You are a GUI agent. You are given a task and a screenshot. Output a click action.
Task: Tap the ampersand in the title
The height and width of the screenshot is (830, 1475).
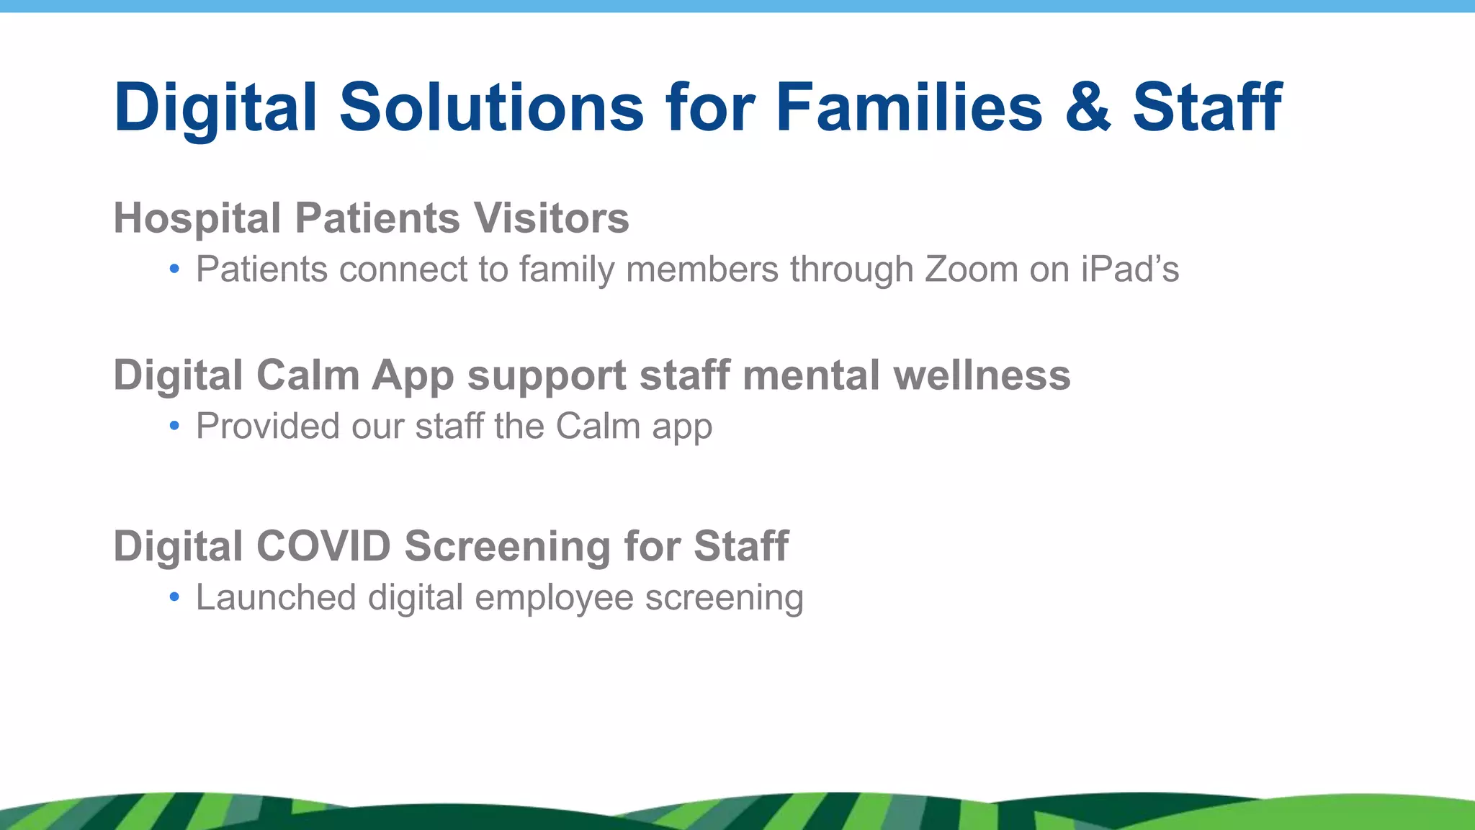1088,108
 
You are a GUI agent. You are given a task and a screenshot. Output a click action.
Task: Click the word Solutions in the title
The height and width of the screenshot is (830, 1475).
491,108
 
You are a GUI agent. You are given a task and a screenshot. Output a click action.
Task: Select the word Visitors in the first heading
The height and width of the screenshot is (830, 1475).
551,218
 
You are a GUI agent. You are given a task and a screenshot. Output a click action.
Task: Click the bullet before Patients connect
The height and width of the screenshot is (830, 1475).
174,270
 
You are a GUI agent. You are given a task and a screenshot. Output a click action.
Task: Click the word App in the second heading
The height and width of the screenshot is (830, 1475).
413,377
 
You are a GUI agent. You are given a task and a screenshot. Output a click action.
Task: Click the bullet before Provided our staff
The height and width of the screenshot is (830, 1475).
174,427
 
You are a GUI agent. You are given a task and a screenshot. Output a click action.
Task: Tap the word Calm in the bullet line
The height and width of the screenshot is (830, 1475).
597,426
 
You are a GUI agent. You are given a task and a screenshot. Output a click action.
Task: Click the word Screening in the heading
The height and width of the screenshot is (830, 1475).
507,547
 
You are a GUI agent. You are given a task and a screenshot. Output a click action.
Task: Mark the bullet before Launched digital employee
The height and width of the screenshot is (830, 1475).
174,597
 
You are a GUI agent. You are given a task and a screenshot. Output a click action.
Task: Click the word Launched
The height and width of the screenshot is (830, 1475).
276,597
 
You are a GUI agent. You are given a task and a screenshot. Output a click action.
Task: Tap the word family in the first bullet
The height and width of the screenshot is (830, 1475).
567,270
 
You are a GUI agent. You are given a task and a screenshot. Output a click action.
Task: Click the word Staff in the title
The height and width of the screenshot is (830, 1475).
1207,108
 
